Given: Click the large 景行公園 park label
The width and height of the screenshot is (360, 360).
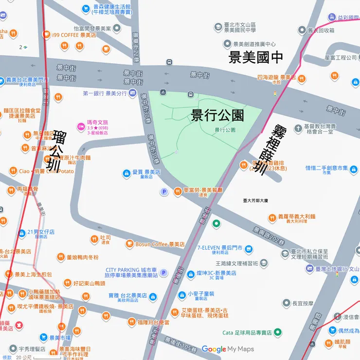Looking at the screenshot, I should pos(217,115).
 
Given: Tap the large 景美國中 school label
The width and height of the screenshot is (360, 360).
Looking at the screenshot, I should pos(256,57).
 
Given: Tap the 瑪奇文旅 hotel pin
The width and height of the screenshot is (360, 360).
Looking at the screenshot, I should pos(81,127).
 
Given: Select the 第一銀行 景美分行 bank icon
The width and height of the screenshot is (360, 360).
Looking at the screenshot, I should pos(132,93).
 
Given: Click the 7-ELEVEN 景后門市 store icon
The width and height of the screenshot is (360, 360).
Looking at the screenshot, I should pos(249,249).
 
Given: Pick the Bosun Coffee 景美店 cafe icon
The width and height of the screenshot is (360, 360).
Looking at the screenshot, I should pos(129,244).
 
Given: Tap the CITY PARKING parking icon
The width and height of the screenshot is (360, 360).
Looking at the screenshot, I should pos(163,273).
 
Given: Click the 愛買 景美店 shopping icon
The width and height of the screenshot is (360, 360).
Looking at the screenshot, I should pos(126,172).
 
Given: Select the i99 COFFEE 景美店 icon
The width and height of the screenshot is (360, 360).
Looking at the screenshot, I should pos(46,34).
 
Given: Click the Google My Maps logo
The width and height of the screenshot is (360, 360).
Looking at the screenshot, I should pos(228,349).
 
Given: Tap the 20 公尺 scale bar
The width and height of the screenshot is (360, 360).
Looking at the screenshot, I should pos(34,358).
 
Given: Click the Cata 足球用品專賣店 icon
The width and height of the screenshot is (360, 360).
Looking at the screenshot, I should pos(277,333).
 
